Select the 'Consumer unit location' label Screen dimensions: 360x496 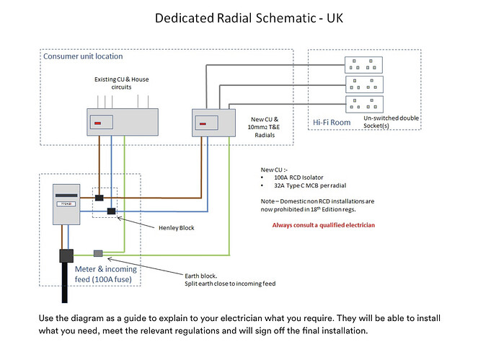[83, 56]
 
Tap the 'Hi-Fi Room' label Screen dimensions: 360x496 [332, 123]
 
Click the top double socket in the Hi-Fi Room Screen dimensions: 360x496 [363, 64]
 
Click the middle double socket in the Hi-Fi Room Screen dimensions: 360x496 [363, 83]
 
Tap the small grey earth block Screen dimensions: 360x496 [99, 253]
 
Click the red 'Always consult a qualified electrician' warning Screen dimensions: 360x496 [324, 225]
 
